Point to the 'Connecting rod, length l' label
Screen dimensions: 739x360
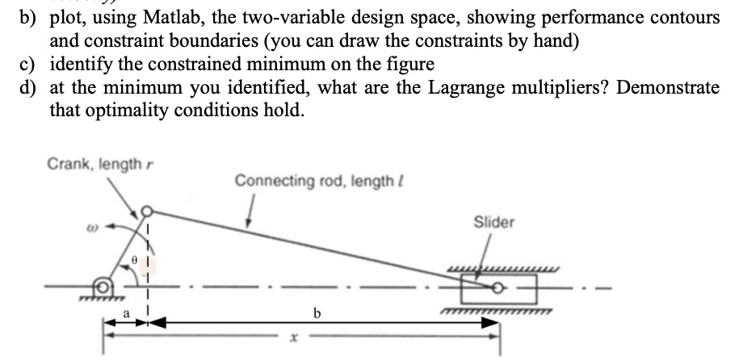click(296, 180)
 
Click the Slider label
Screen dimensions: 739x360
click(493, 221)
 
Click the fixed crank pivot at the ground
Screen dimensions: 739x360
click(103, 286)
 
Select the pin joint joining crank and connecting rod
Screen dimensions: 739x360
click(147, 212)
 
